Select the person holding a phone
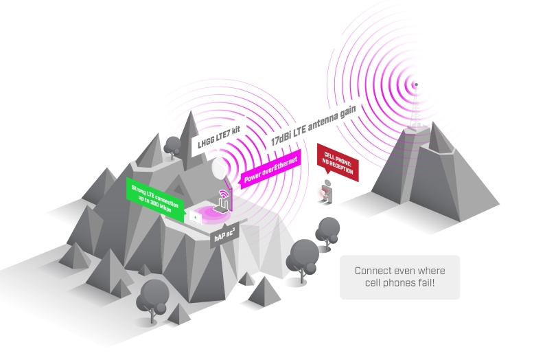coord(327,192)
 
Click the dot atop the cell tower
coord(414,86)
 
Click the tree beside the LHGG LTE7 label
coord(174,145)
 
